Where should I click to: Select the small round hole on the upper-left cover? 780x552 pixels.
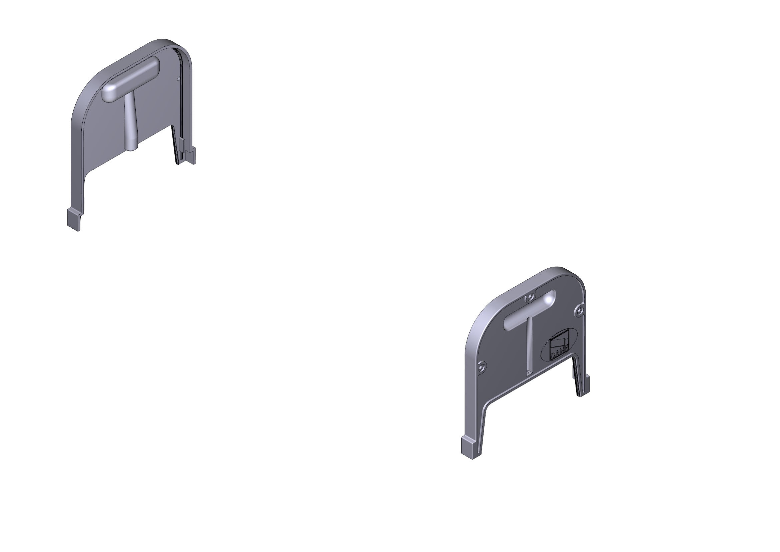(x=179, y=79)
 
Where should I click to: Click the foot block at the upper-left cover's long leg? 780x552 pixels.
(x=74, y=220)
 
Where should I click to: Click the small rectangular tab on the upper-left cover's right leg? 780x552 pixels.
(x=182, y=145)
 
